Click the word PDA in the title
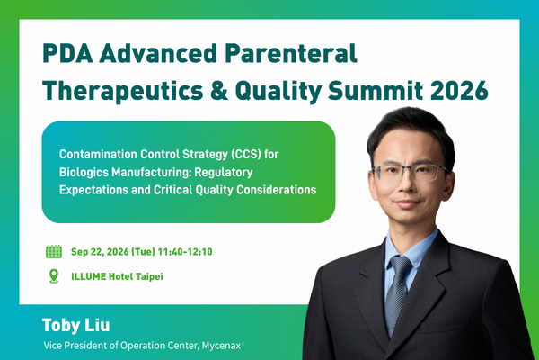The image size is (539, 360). point(67,53)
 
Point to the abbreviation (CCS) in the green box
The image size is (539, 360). point(246,154)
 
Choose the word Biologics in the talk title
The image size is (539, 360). point(84,172)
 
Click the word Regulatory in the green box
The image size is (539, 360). point(224,172)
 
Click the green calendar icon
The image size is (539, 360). point(54,251)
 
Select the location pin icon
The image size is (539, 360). point(54,276)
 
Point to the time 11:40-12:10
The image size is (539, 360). point(185,252)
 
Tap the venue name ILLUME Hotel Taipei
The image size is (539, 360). point(117,276)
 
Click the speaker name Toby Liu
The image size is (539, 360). point(76,325)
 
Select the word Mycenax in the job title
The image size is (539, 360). point(221,346)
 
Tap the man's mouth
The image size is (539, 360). point(408,202)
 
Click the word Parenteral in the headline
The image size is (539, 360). point(291,53)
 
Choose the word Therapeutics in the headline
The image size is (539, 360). point(123,91)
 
